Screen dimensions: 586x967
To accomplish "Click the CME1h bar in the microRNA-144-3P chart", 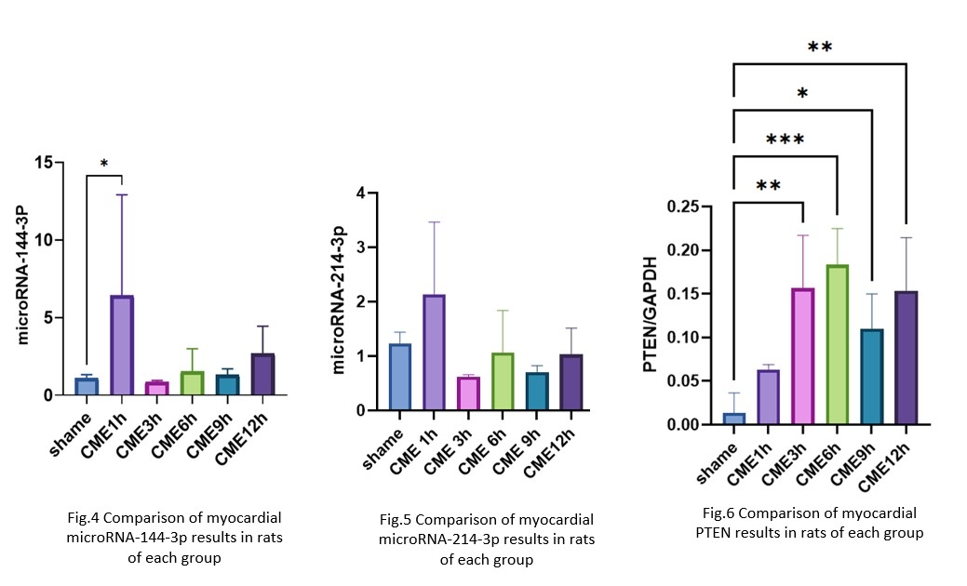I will tap(121, 345).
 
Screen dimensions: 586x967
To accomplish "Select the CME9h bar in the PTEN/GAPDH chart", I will tap(871, 377).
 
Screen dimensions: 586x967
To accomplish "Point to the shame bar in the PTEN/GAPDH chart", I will tap(734, 419).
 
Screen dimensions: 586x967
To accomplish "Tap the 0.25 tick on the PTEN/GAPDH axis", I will tap(688, 206).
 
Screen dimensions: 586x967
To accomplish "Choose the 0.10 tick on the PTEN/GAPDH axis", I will tap(688, 338).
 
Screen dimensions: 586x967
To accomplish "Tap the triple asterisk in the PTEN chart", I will tap(785, 140).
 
